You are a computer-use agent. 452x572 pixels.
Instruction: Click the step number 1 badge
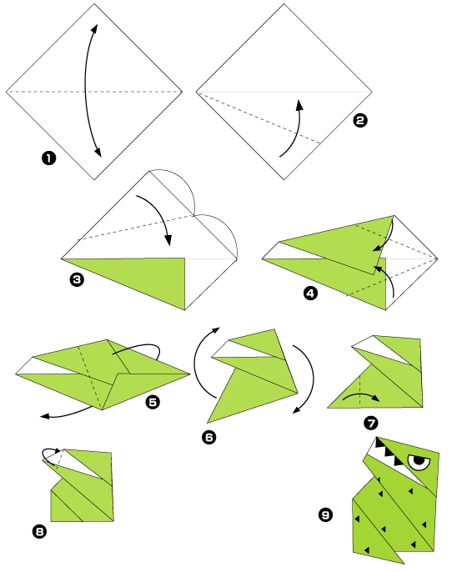(48, 158)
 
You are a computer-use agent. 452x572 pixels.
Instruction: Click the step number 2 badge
(360, 120)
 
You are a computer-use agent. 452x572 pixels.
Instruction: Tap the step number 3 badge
(77, 280)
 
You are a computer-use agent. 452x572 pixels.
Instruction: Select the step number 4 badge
(310, 294)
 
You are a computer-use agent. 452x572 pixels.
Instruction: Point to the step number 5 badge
(153, 402)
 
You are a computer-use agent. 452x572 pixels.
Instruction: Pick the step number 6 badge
(208, 437)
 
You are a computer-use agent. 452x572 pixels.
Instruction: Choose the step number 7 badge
(371, 424)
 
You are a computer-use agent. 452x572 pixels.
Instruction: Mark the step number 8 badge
(39, 531)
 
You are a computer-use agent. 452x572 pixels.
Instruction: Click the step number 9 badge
(325, 514)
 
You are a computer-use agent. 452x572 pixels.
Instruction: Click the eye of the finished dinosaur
(419, 462)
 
